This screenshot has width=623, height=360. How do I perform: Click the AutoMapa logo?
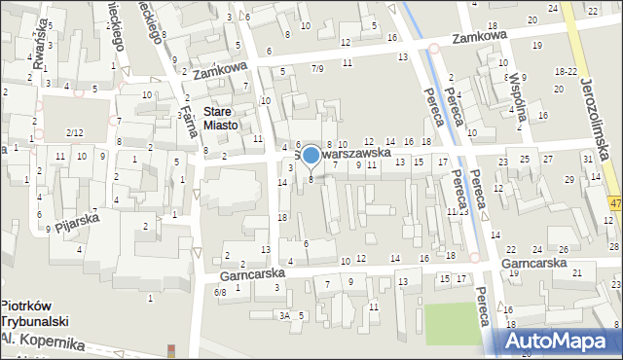560,341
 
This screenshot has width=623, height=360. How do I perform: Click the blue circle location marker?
311,154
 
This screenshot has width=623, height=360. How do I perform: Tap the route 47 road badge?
616,201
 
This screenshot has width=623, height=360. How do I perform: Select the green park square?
454,323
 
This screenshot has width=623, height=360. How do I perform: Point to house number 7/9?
317,68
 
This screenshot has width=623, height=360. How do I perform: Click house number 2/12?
74,131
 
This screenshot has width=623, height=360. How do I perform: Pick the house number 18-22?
566,72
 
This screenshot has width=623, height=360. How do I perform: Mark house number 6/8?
221,292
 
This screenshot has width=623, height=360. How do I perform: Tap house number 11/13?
457,210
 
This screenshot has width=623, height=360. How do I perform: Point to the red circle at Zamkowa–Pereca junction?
433,48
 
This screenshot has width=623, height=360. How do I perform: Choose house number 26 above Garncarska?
564,250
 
